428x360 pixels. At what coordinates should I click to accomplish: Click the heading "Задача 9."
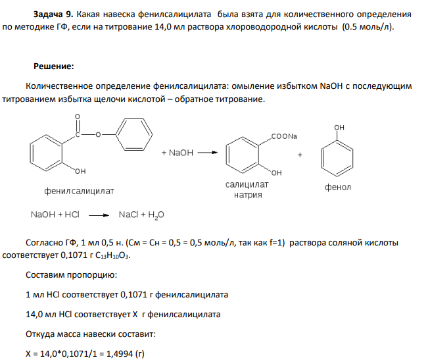pyautogui.click(x=53, y=14)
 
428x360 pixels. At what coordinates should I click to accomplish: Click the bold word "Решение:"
pyautogui.click(x=54, y=66)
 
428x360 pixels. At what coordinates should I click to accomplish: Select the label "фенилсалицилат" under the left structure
pyautogui.click(x=79, y=191)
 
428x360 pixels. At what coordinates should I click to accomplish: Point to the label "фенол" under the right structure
pyautogui.click(x=338, y=188)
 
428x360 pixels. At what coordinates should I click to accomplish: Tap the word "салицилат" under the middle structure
pyautogui.click(x=247, y=185)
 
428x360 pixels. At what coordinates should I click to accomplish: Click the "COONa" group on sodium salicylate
pyautogui.click(x=284, y=136)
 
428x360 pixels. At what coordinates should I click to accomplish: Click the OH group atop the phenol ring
pyautogui.click(x=339, y=128)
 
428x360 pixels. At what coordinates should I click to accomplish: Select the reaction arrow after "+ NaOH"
pyautogui.click(x=208, y=153)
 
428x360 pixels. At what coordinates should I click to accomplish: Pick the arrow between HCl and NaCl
pyautogui.click(x=99, y=215)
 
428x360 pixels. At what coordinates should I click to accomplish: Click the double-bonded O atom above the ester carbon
pyautogui.click(x=78, y=116)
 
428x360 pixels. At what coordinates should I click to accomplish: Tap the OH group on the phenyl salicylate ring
pyautogui.click(x=80, y=171)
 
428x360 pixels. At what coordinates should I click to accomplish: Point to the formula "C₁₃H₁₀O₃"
pyautogui.click(x=112, y=255)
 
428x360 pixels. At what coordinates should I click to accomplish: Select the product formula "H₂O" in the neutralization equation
pyautogui.click(x=156, y=215)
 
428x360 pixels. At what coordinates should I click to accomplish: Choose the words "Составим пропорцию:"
pyautogui.click(x=71, y=275)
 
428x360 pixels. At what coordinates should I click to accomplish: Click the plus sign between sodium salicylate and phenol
pyautogui.click(x=300, y=155)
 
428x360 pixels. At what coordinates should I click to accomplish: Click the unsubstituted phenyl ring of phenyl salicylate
pyautogui.click(x=134, y=134)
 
